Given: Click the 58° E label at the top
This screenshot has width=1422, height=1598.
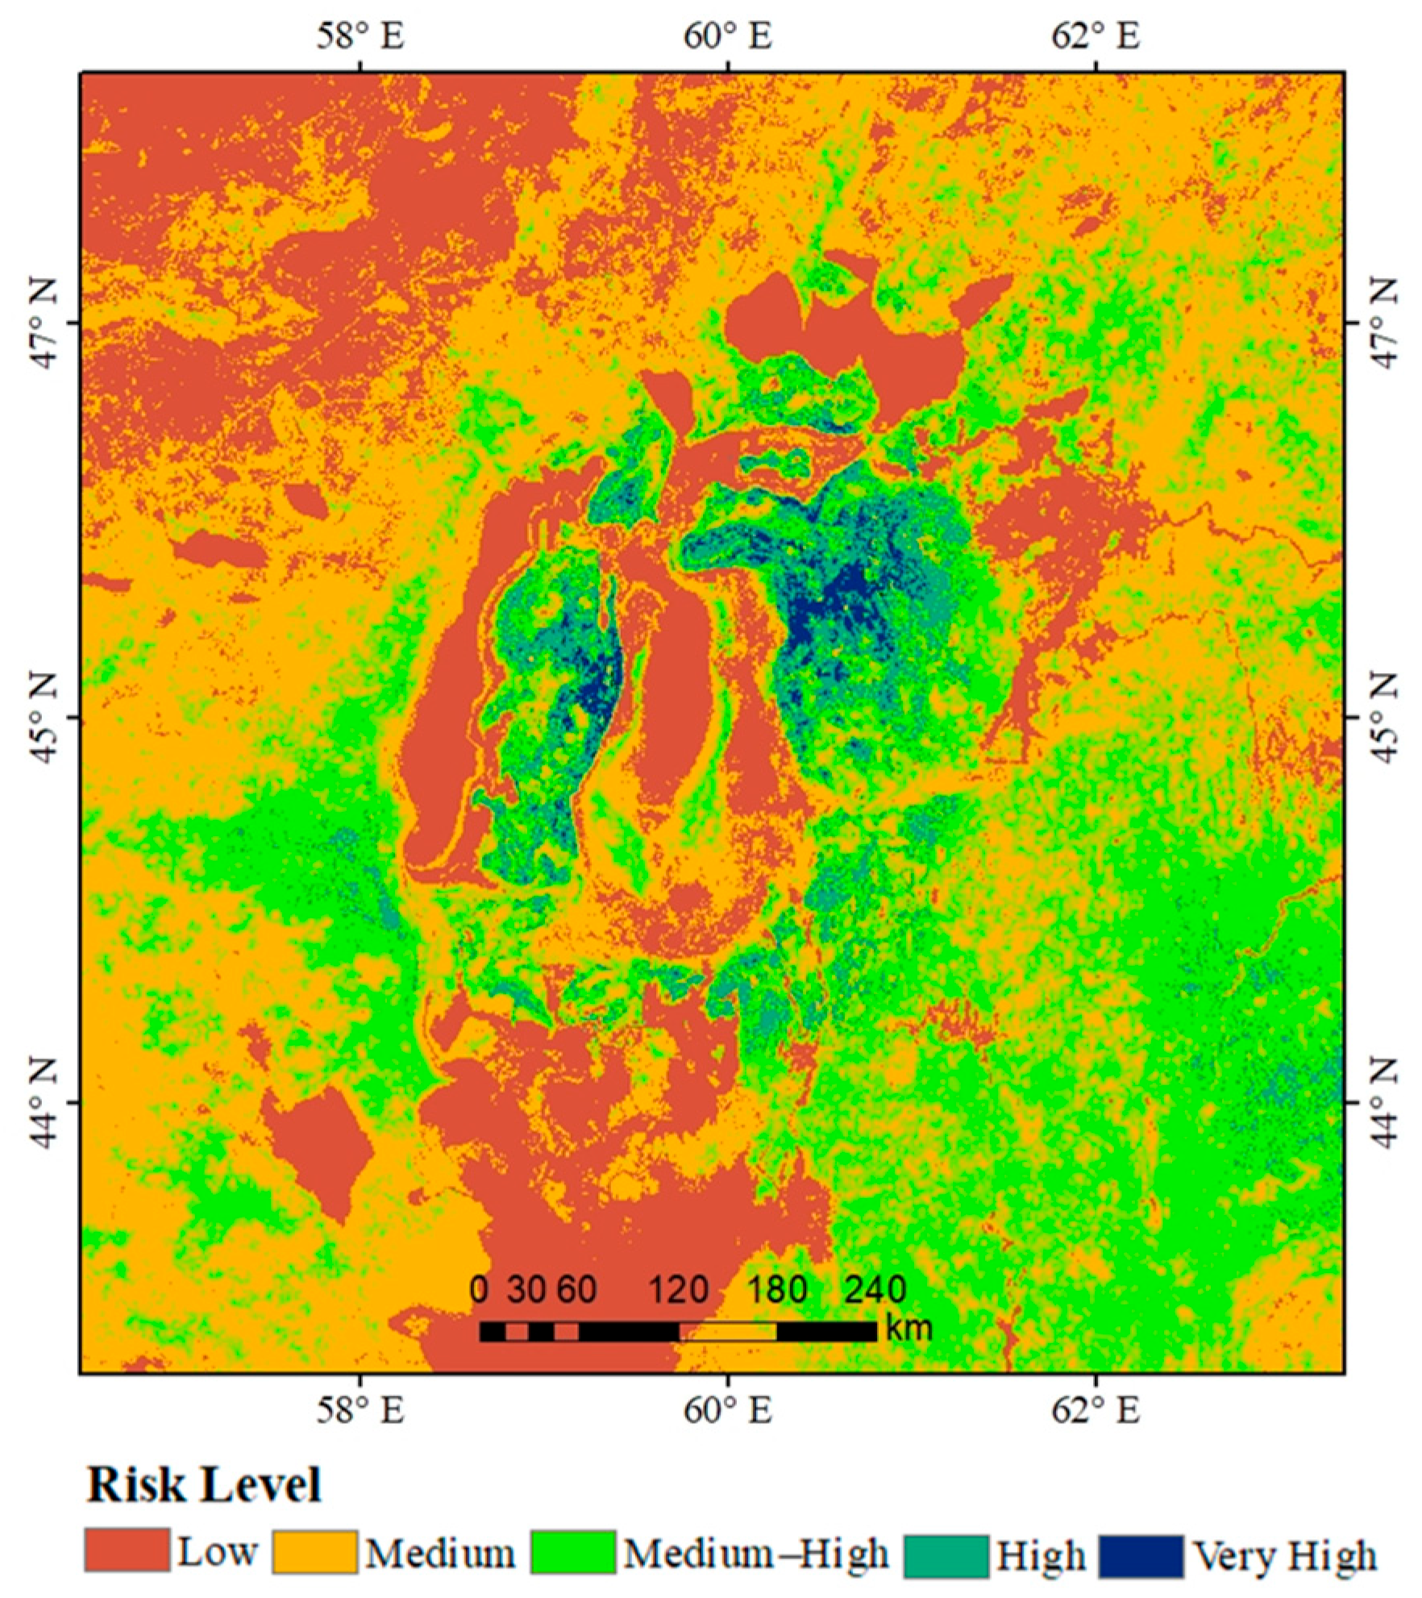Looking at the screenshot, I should pos(360,36).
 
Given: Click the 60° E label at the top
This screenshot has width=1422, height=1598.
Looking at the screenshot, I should pos(728,36).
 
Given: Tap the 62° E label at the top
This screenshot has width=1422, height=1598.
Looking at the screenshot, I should pos(1096,36).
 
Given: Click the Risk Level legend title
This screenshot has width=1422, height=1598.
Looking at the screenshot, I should pos(204,1484).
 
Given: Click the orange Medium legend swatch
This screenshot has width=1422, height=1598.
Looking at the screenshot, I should pos(314,1552).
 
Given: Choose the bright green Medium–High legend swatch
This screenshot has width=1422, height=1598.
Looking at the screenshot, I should pos(573,1552).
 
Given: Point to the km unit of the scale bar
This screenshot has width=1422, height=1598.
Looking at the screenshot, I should pos(908,1328).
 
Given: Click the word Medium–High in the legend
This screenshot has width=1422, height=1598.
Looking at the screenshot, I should pos(756,1554).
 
